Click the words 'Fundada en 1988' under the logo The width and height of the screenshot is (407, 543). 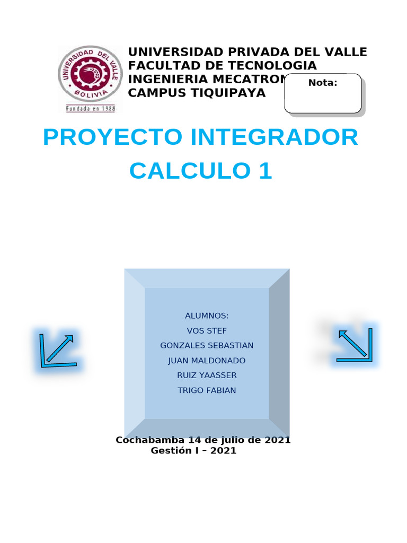[90, 108]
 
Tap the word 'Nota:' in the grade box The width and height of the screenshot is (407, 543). [323, 83]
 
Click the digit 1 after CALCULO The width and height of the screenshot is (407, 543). [264, 171]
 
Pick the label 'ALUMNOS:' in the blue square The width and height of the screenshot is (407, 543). [207, 316]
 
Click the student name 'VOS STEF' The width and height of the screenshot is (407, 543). [207, 331]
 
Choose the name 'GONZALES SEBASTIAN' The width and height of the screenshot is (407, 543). [207, 346]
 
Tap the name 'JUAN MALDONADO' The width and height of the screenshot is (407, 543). [207, 361]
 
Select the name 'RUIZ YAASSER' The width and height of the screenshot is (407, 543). [207, 375]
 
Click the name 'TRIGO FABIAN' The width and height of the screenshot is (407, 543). [207, 390]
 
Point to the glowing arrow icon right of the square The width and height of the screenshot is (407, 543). [355, 345]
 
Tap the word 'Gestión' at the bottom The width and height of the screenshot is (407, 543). [171, 451]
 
